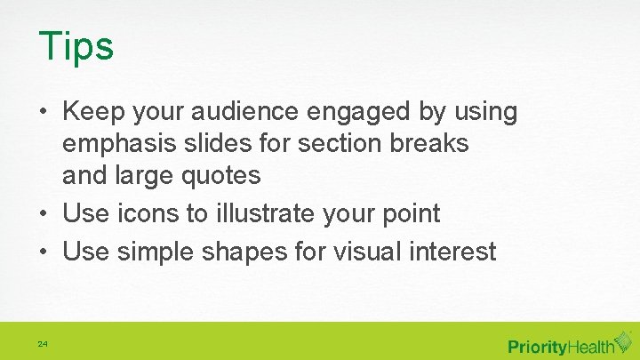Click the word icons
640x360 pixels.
pos(141,214)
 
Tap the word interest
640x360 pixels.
pos(453,252)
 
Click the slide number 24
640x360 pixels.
pos(43,343)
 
